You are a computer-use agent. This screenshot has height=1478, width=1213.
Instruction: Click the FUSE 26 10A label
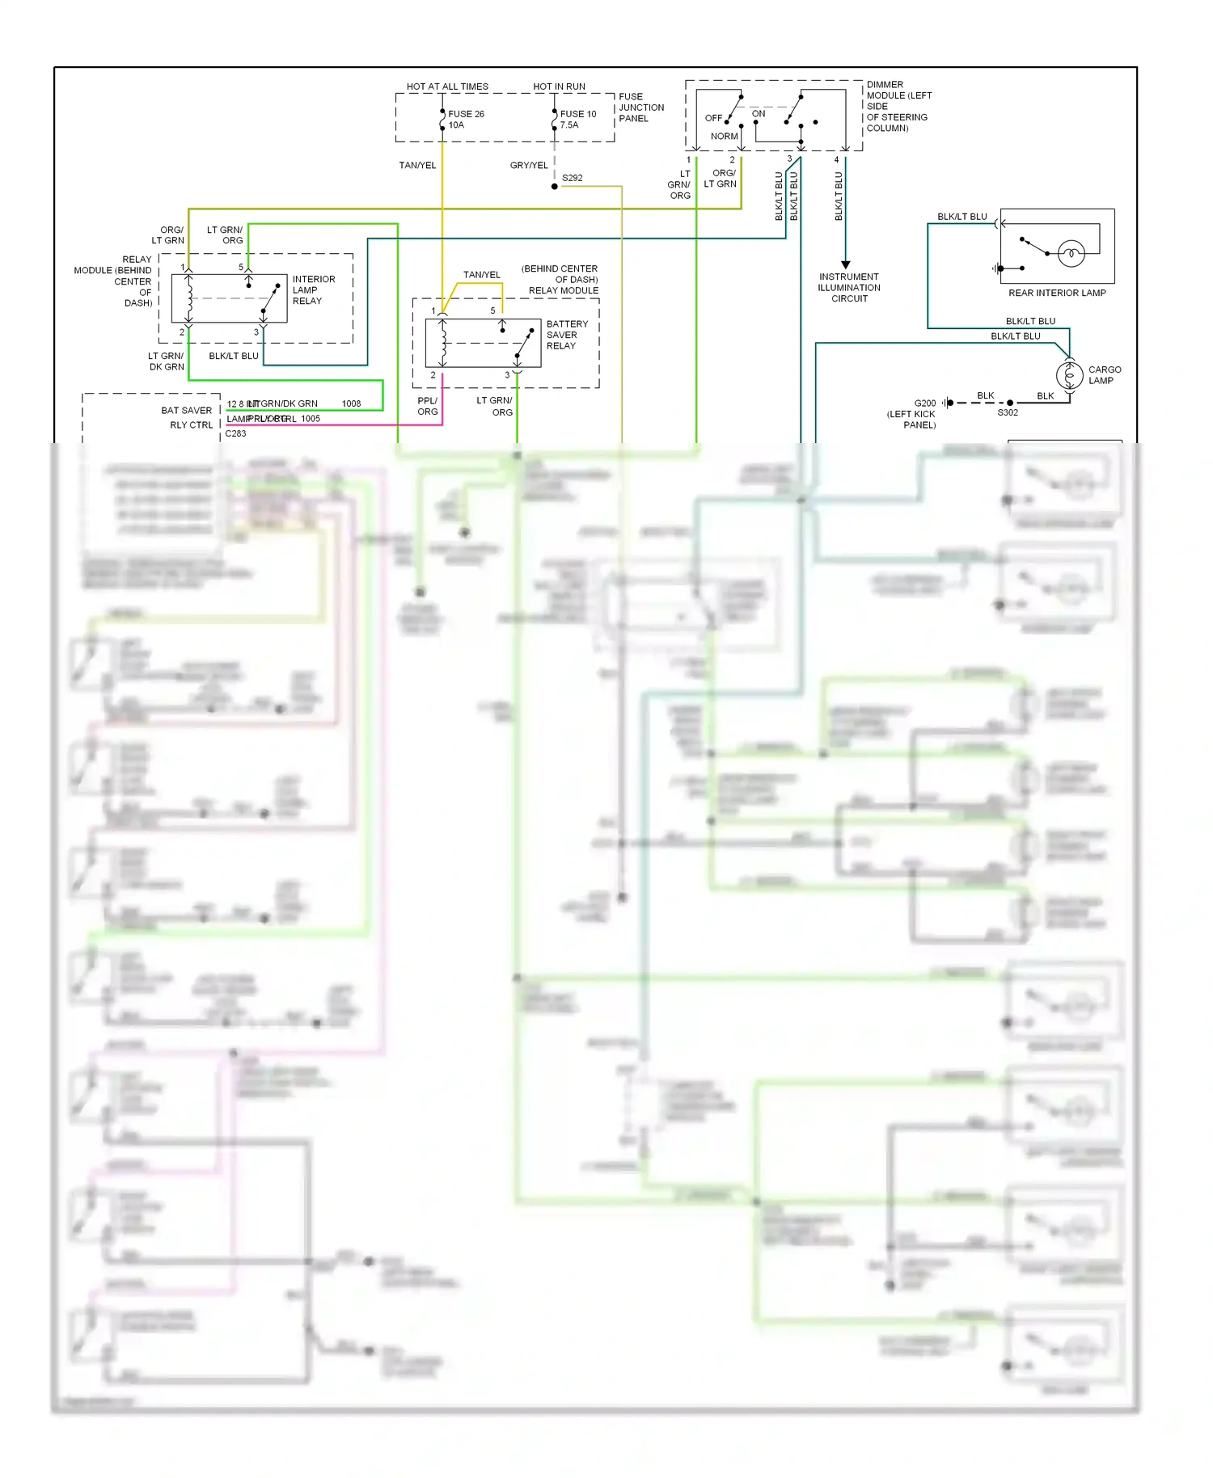point(466,120)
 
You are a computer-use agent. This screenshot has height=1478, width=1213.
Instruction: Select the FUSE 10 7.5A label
point(577,120)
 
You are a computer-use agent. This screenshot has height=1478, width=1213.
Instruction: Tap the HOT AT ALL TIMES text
point(447,87)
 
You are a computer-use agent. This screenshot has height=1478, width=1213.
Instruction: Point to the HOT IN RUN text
point(559,87)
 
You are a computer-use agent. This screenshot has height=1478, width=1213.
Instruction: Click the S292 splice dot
point(555,187)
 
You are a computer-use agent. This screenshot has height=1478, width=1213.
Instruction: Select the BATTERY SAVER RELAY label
point(567,335)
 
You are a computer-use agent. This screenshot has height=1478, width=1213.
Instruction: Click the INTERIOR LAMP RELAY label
point(313,290)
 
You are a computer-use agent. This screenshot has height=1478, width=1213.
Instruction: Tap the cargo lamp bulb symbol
point(1069,375)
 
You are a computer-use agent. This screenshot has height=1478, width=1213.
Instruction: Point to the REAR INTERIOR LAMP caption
point(1057,293)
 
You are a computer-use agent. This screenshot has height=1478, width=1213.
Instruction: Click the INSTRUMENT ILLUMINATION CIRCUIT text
point(849,288)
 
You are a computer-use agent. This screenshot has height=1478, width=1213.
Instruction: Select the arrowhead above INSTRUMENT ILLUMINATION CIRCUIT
point(846,264)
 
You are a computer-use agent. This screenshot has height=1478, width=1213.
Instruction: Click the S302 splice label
point(1008,412)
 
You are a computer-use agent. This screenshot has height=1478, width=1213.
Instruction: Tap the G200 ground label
point(924,403)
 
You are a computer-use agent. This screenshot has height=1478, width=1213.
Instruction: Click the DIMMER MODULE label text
point(898,106)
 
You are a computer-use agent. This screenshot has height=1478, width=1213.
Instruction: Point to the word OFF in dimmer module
point(713,118)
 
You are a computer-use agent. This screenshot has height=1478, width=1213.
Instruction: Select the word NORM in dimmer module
point(724,137)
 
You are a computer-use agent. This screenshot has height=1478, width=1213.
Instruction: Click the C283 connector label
point(235,433)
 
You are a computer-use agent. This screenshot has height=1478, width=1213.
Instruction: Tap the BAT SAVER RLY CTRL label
point(189,417)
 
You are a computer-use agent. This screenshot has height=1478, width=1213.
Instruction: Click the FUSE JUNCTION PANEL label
point(640,108)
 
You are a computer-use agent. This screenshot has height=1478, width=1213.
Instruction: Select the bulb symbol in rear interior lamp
point(1071,254)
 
